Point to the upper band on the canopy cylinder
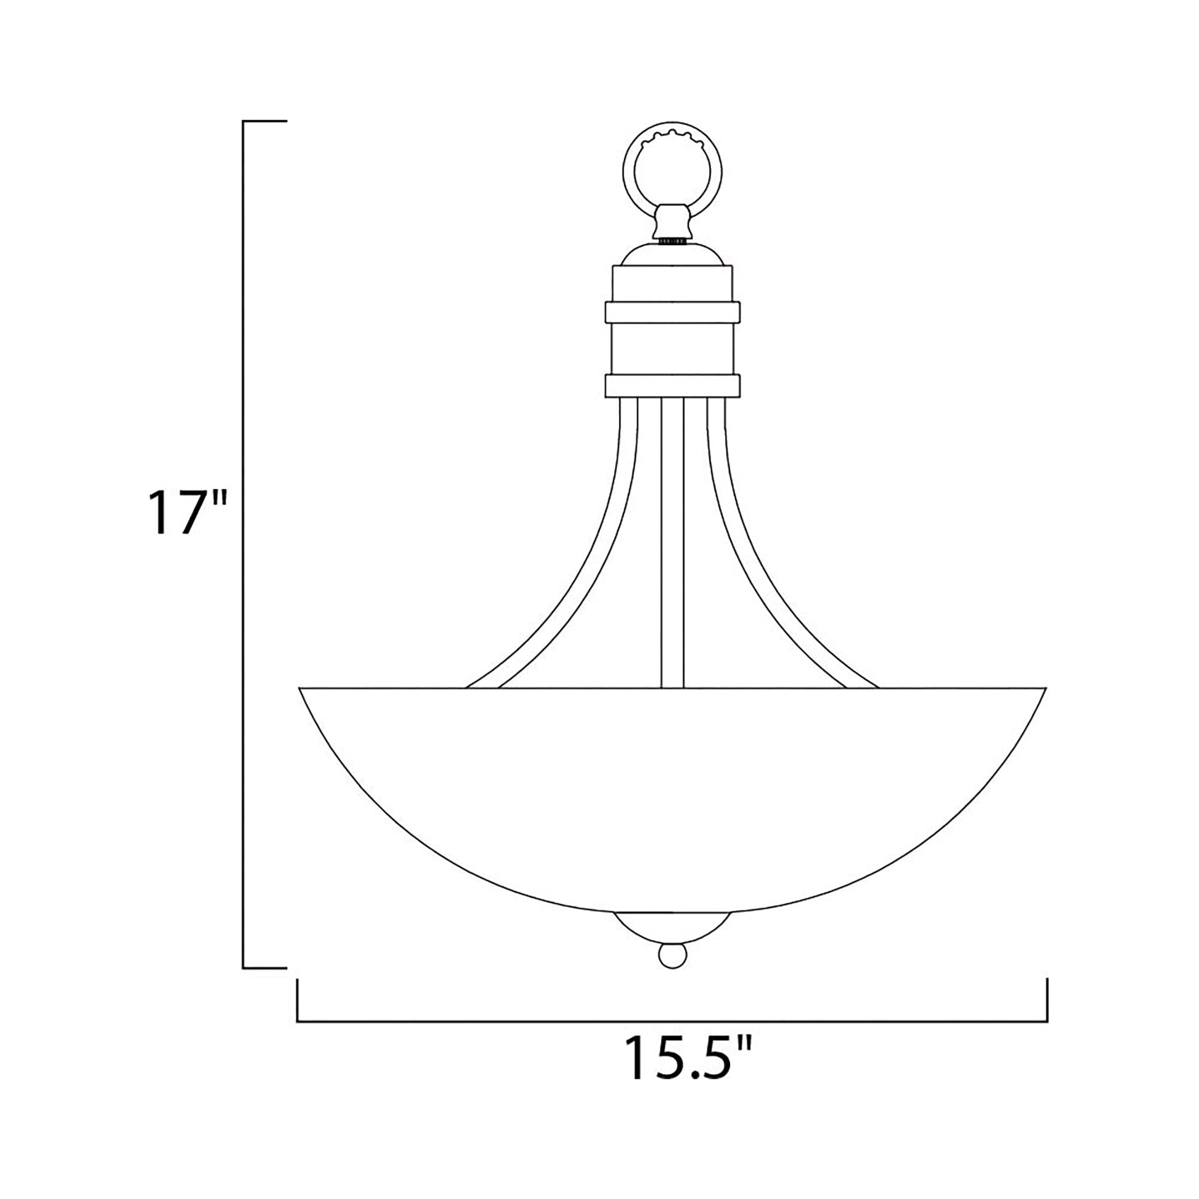click(x=673, y=312)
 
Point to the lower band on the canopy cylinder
click(x=673, y=386)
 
